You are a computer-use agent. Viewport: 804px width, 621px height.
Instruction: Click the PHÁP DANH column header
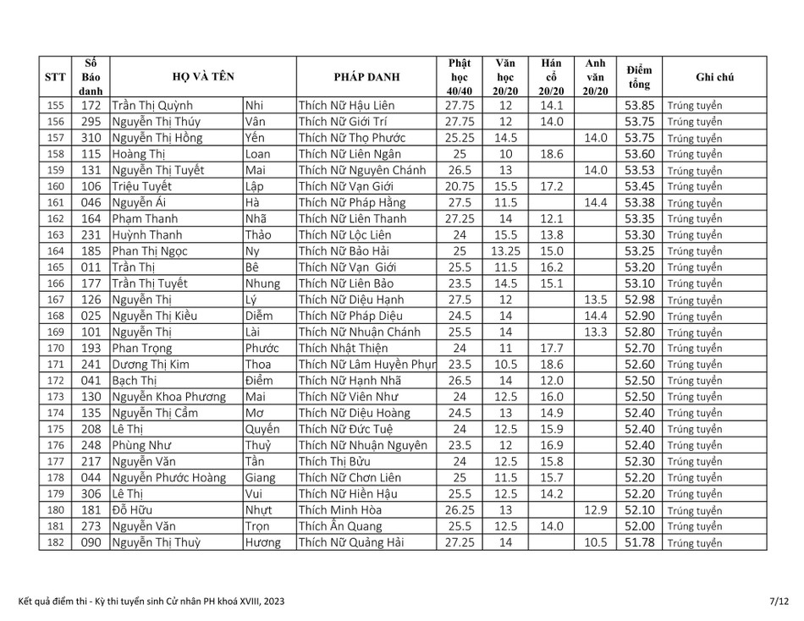366,77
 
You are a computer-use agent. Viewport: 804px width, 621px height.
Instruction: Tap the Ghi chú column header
714,77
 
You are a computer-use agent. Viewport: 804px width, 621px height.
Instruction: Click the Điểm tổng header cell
639,77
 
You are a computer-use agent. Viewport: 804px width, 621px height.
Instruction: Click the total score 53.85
639,106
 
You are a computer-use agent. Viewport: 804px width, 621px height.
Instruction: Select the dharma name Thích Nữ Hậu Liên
346,106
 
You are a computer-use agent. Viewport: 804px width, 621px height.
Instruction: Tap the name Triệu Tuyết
142,186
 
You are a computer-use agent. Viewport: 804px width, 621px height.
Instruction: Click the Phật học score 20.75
460,186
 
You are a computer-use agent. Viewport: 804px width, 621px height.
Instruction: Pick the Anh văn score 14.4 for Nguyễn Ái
595,202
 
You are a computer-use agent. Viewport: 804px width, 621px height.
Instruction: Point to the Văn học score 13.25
505,251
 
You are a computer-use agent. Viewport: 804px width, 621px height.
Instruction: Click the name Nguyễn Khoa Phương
169,397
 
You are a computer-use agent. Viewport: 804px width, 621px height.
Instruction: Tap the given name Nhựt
260,510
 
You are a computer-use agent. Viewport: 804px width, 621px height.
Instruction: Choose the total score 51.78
639,542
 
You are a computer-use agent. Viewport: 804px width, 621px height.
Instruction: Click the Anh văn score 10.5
595,542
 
